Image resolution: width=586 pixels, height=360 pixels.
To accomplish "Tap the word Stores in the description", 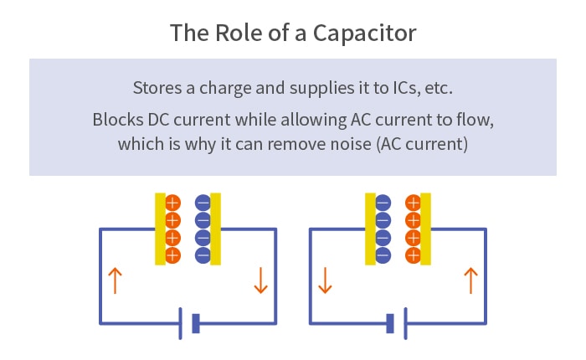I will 154,88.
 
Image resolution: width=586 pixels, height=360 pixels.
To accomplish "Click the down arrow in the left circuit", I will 260,280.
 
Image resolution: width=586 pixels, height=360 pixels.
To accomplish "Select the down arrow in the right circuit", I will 325,280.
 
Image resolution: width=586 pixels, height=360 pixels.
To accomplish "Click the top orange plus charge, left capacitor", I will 173,203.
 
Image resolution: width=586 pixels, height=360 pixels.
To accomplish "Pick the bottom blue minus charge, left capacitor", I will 203,254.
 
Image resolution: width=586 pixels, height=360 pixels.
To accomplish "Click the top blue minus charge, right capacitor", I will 383,203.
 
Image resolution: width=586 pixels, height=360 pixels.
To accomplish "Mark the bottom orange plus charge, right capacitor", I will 413,254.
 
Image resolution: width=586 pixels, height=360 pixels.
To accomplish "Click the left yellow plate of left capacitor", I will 160,229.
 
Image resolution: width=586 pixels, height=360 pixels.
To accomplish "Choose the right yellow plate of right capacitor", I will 426,229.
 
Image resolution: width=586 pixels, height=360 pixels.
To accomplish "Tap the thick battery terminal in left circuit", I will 196,323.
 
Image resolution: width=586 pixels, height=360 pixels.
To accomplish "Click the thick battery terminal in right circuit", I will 390,323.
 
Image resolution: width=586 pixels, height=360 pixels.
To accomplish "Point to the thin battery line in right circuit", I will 405,323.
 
